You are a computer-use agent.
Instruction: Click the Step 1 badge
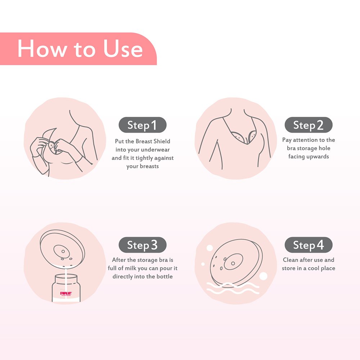click(x=142, y=125)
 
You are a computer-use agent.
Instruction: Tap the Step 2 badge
click(x=309, y=125)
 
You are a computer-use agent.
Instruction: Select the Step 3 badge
click(x=142, y=245)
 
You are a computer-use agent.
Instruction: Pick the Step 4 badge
click(x=309, y=245)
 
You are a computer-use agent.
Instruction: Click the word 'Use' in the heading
click(x=123, y=49)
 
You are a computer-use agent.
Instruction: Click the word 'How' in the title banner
click(x=42, y=49)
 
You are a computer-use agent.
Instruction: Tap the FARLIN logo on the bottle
click(x=66, y=293)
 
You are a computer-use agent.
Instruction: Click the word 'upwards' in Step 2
click(x=318, y=157)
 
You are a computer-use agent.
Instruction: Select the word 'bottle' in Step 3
click(x=165, y=276)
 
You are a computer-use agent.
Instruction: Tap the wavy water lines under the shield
click(x=233, y=288)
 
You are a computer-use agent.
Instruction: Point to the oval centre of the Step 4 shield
click(x=233, y=261)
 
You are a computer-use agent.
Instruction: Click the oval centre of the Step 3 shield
click(x=62, y=251)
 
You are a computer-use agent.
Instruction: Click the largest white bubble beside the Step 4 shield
click(x=264, y=276)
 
